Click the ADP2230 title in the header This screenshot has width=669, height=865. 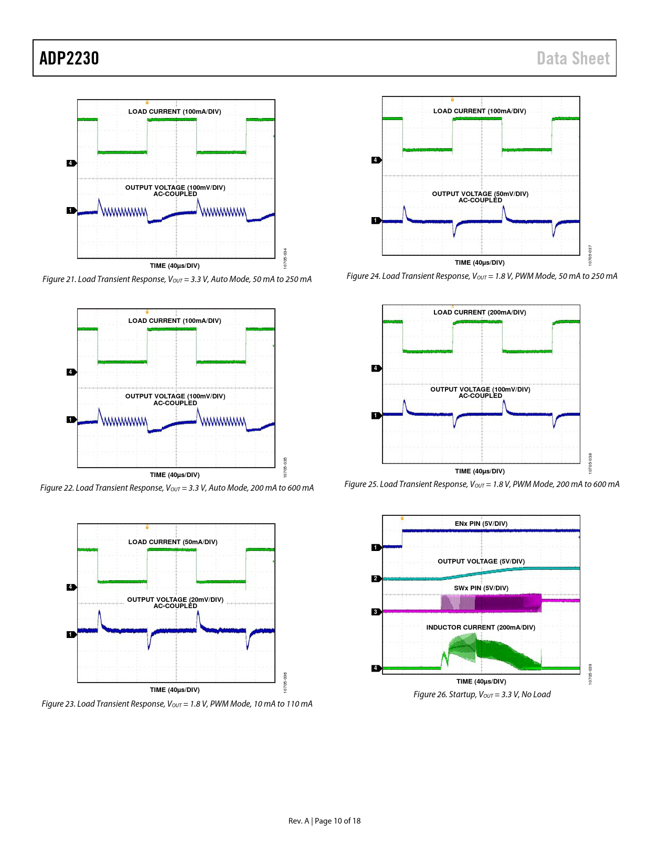pos(69,58)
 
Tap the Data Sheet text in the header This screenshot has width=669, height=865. pos(573,58)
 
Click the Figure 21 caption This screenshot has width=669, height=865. pos(177,279)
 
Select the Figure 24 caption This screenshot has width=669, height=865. pos(482,276)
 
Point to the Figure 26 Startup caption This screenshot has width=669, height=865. pos(482,695)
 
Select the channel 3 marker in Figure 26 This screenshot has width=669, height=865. pos(376,612)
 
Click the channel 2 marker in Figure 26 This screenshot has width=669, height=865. pos(376,578)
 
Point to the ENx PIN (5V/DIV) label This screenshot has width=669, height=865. pos(481,524)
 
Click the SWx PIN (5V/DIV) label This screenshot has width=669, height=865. pos(481,588)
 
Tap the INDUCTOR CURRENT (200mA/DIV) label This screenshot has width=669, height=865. pos(481,628)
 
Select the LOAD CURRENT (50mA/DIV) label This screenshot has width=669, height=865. pos(173,542)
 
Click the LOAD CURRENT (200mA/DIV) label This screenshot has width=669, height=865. pos(480,312)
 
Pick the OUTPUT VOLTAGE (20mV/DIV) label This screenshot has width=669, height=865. pos(175,600)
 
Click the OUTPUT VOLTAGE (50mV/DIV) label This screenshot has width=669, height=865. pos(480,194)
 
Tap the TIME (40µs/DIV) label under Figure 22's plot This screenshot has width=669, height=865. pos(175,475)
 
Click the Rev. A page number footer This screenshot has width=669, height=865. pos(324,821)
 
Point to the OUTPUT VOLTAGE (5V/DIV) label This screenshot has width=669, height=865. pos(481,561)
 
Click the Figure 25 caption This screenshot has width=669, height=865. pos(482,484)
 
